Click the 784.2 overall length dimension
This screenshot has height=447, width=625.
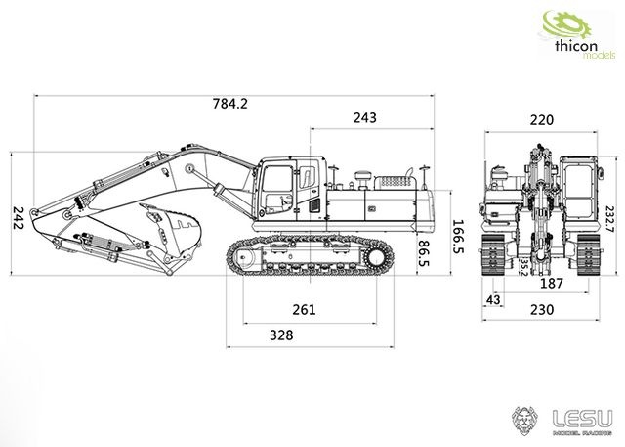coord(230,104)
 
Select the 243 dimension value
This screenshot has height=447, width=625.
coord(364,117)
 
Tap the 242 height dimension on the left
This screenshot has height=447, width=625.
coord(18,217)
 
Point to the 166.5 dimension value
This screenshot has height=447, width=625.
coord(458,237)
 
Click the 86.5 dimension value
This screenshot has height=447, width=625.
coord(424,253)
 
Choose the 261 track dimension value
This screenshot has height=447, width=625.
coord(304,310)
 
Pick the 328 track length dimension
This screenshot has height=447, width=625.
coord(281,335)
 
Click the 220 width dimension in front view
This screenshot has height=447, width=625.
coord(542,119)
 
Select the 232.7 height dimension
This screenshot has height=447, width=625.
coord(610,219)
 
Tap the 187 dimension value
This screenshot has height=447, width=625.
coord(552,284)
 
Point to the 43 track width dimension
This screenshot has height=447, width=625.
coord(493,299)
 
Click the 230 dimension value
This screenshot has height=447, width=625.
coord(542,310)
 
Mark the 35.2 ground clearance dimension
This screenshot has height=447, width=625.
coord(524,267)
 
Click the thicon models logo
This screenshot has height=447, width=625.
coord(577,35)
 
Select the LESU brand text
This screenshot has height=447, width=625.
coord(582,419)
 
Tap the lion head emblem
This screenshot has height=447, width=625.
coord(524,421)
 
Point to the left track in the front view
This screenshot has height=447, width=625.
coord(493,254)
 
